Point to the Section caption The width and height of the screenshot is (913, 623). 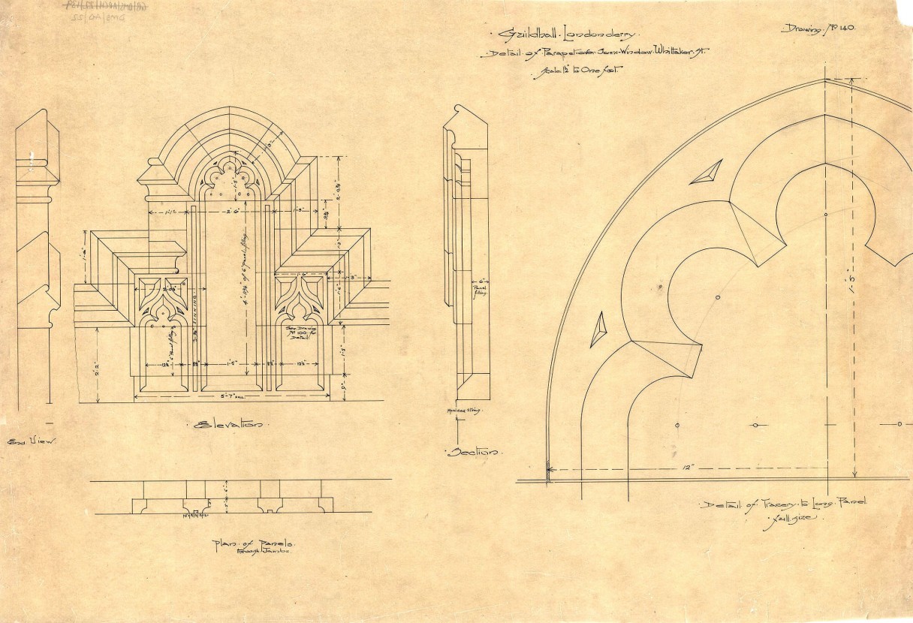click(x=472, y=452)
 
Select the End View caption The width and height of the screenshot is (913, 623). click(x=31, y=442)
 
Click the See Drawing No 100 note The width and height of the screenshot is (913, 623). click(x=302, y=333)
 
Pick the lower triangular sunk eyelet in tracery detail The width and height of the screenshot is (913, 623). click(x=598, y=330)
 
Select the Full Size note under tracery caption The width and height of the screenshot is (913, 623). click(x=785, y=519)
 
